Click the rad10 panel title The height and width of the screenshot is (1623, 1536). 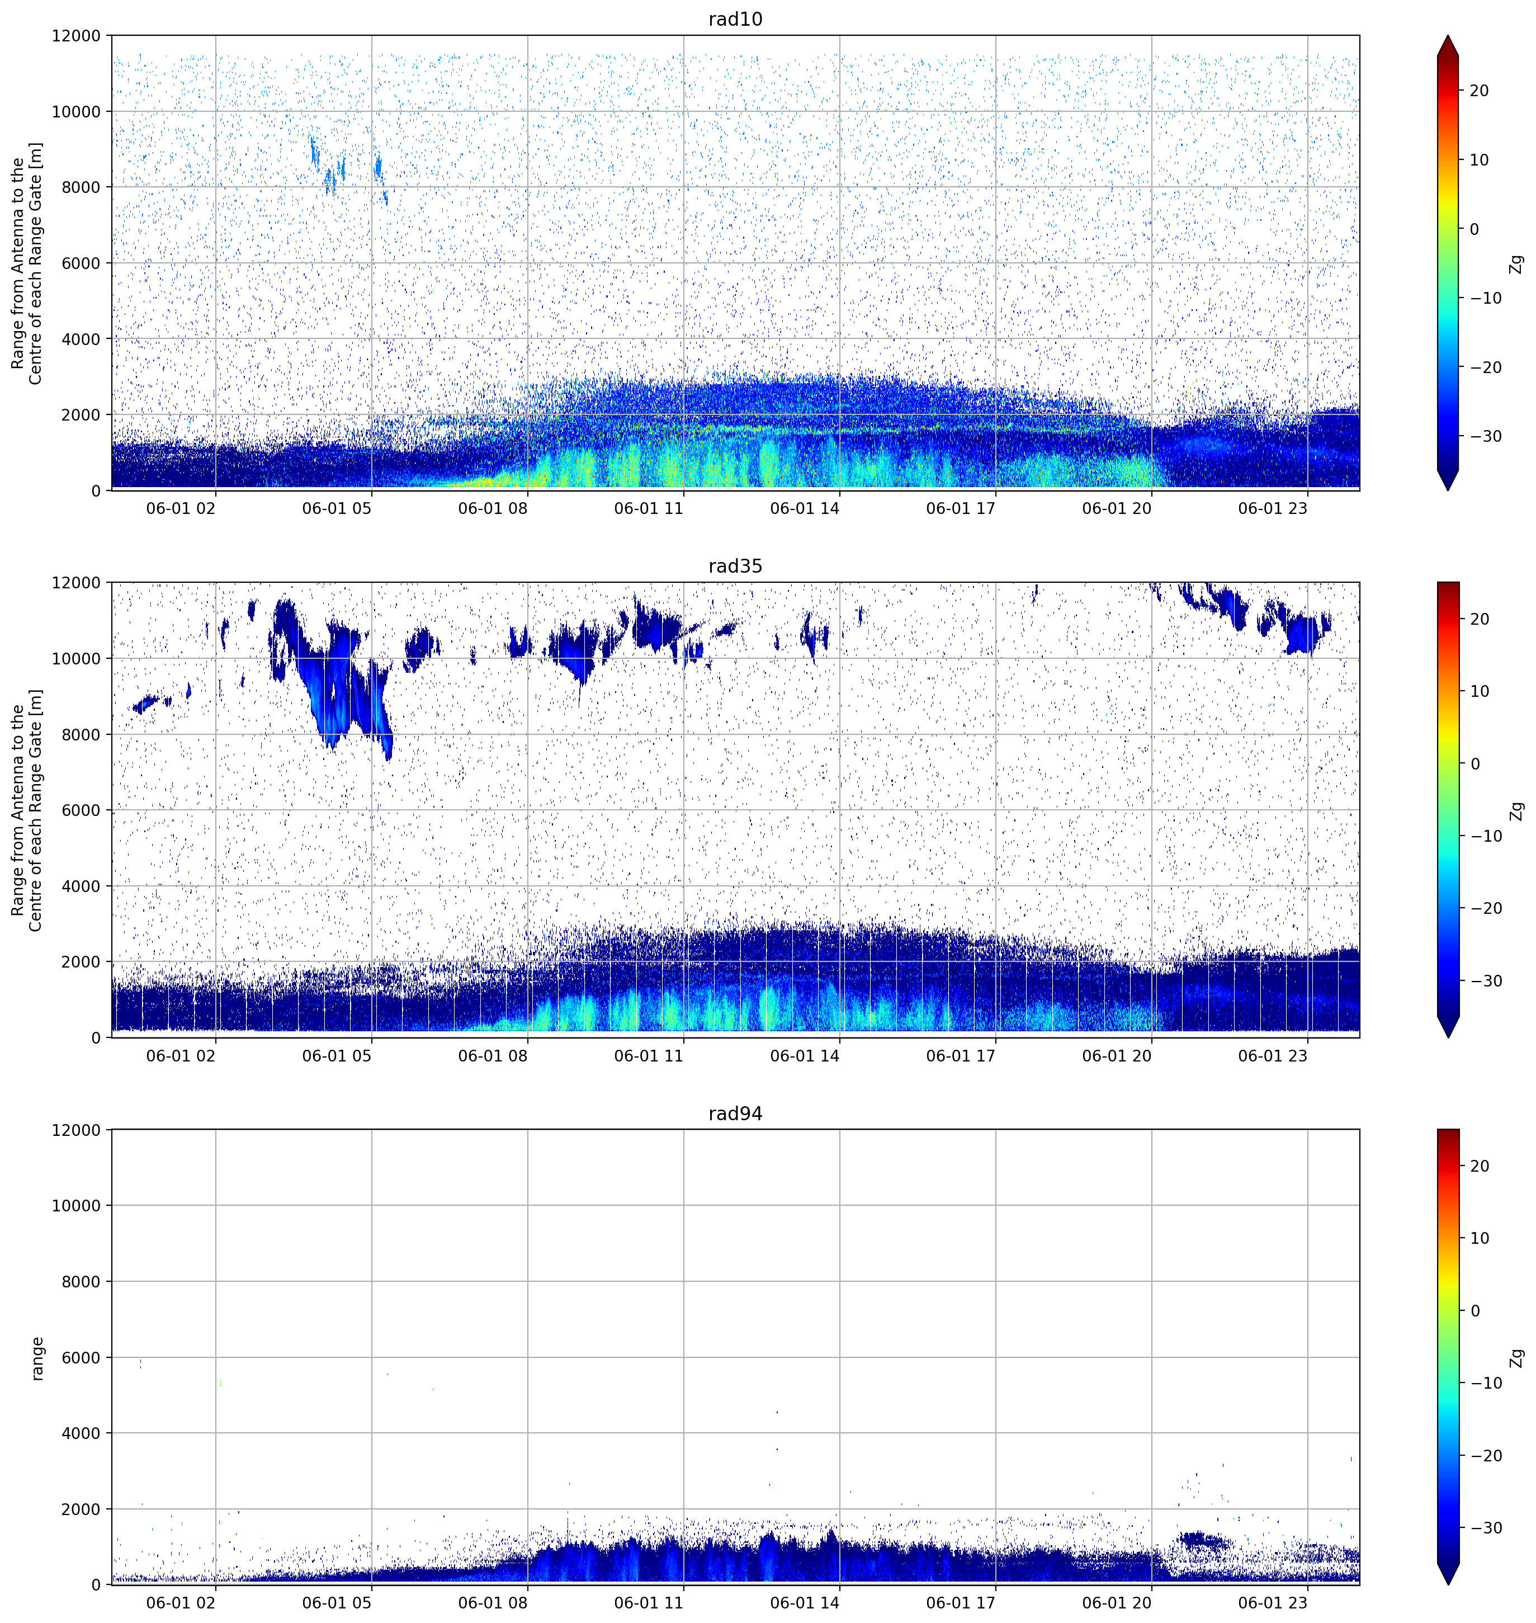click(x=735, y=19)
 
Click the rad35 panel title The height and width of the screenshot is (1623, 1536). click(x=735, y=566)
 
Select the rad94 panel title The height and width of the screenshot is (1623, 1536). click(x=735, y=1113)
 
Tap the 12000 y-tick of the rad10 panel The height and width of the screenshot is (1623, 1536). click(x=76, y=36)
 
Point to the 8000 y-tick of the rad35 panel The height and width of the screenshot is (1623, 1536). click(x=81, y=734)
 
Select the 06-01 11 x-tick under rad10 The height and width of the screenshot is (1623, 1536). click(x=649, y=508)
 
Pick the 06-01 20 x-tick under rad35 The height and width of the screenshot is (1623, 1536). click(x=1117, y=1055)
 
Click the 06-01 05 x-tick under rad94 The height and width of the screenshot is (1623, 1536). click(x=337, y=1602)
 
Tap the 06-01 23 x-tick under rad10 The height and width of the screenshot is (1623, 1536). click(x=1273, y=508)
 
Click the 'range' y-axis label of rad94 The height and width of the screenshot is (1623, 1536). click(x=37, y=1358)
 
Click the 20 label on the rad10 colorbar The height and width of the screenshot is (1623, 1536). click(x=1478, y=91)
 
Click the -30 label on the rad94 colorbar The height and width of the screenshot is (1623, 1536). click(x=1485, y=1527)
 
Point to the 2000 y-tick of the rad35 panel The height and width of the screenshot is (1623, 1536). click(x=81, y=961)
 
